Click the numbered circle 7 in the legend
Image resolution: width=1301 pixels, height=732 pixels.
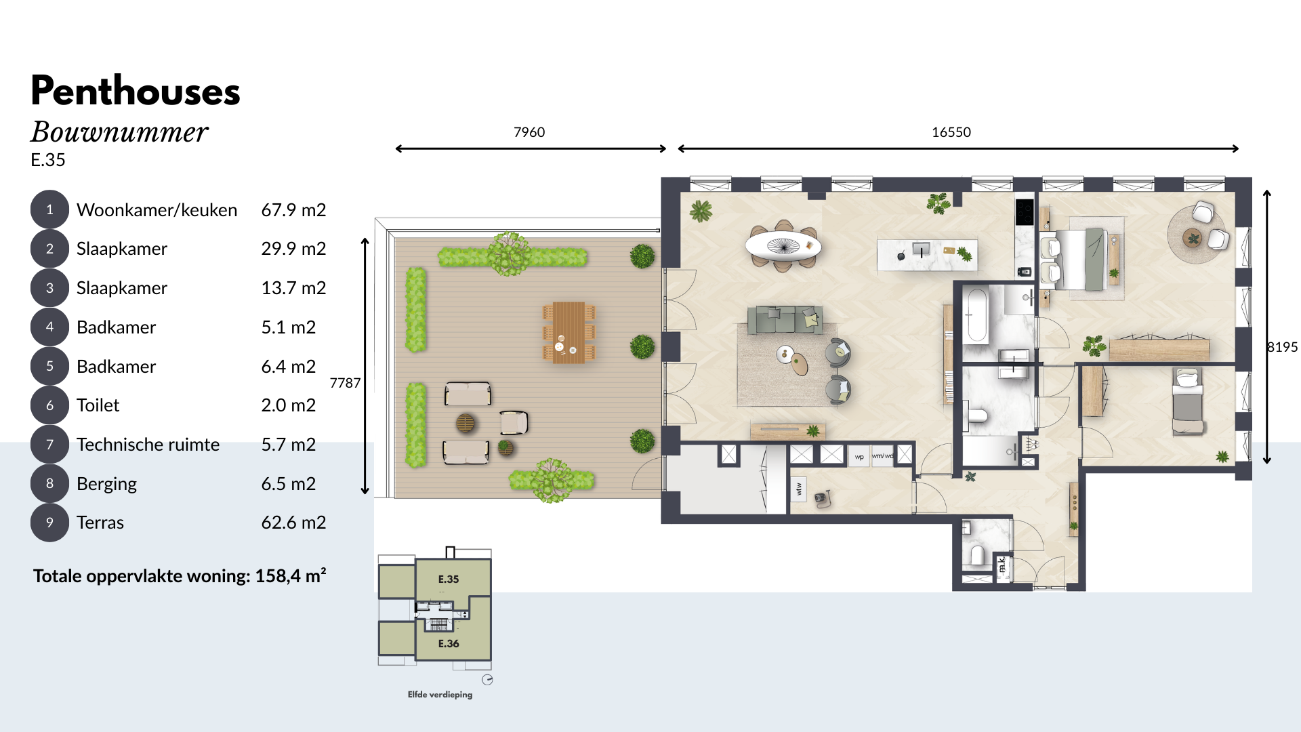[x=49, y=445]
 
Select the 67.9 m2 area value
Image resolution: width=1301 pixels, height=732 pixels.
[x=293, y=210]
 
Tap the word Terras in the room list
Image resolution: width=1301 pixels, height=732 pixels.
[x=100, y=523]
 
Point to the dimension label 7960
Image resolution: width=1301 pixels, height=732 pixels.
[x=529, y=132]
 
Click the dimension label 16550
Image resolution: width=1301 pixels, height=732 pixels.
[x=951, y=132]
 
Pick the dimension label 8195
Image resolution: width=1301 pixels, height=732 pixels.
[x=1283, y=347]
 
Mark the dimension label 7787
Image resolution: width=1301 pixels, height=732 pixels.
[x=345, y=383]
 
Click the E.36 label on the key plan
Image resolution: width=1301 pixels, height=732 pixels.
[x=449, y=643]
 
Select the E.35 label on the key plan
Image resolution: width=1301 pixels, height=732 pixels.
[x=449, y=579]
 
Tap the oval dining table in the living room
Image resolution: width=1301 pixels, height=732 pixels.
[x=783, y=245]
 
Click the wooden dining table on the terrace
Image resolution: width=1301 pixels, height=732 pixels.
[x=569, y=332]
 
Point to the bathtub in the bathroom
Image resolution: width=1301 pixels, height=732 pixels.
[x=977, y=315]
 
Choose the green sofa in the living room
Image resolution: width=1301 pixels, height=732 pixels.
[x=785, y=319]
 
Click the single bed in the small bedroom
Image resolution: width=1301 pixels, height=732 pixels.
[x=1188, y=401]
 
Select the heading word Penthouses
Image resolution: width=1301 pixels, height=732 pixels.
[x=136, y=91]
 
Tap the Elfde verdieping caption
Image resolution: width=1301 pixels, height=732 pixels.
[x=440, y=695]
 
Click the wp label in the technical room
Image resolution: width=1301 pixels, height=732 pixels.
[x=859, y=457]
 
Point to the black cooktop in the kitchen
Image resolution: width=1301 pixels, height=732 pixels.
[x=1024, y=212]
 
